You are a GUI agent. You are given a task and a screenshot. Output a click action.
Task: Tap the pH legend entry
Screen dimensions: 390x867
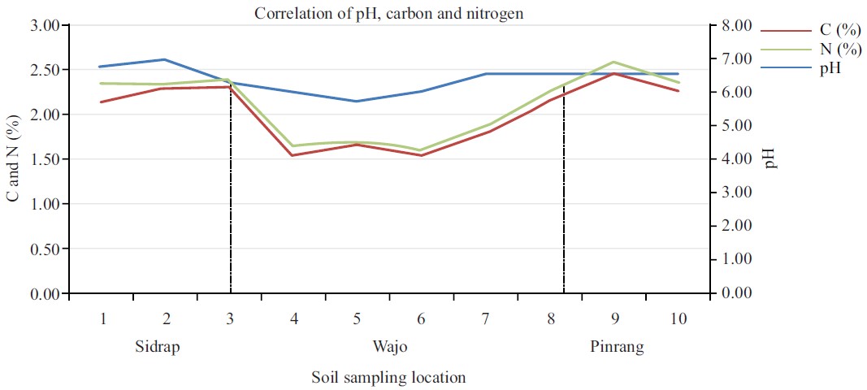830,69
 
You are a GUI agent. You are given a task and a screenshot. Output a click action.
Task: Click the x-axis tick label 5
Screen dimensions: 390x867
357,318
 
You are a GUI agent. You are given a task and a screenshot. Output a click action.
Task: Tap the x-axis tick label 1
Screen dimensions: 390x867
103,318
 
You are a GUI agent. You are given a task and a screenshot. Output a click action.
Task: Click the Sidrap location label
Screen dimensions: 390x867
157,348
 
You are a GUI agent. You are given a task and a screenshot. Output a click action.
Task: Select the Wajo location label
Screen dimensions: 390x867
390,348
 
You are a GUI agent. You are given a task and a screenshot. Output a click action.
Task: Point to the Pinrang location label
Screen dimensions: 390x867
617,348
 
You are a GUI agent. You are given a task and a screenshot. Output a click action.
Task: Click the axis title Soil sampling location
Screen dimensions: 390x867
388,378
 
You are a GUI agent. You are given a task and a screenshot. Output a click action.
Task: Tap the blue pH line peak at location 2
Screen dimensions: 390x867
166,59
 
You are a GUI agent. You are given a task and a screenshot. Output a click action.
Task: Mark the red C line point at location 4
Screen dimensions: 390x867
293,155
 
